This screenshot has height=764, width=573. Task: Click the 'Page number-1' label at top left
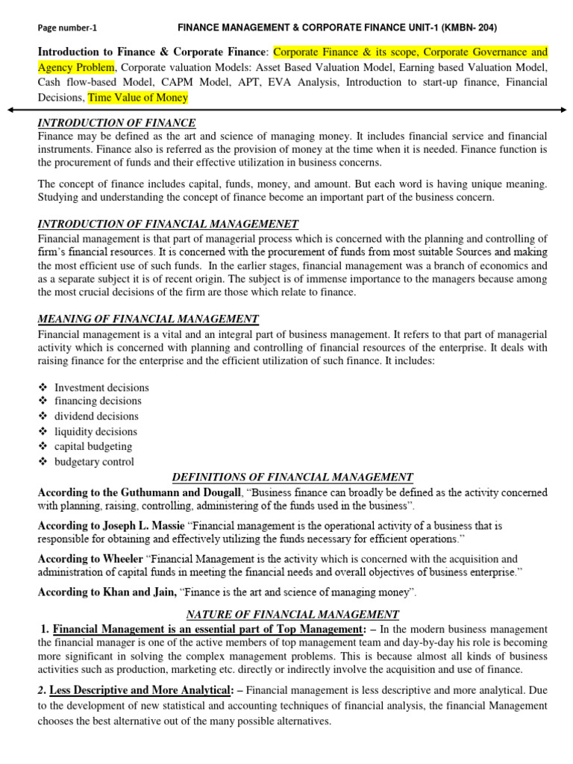coord(67,28)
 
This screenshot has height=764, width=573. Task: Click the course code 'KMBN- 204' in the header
coord(466,28)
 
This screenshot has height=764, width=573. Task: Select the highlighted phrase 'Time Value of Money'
coord(138,97)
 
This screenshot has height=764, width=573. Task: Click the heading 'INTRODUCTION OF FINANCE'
coord(116,123)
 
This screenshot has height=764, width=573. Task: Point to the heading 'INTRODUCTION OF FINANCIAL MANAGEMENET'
coord(168,224)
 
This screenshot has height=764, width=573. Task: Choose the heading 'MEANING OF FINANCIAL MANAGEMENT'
coord(148,319)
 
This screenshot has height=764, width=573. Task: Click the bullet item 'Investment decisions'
coord(101,387)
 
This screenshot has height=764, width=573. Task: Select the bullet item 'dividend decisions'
coord(96,416)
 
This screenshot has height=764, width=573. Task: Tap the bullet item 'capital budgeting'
coord(93,446)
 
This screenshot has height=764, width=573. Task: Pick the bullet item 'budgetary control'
coord(94,462)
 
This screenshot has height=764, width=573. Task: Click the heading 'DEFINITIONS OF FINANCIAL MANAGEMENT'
coord(292,477)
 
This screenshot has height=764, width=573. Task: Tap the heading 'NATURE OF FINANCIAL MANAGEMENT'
coord(292,615)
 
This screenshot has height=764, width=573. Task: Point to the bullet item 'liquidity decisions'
coord(95,431)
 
